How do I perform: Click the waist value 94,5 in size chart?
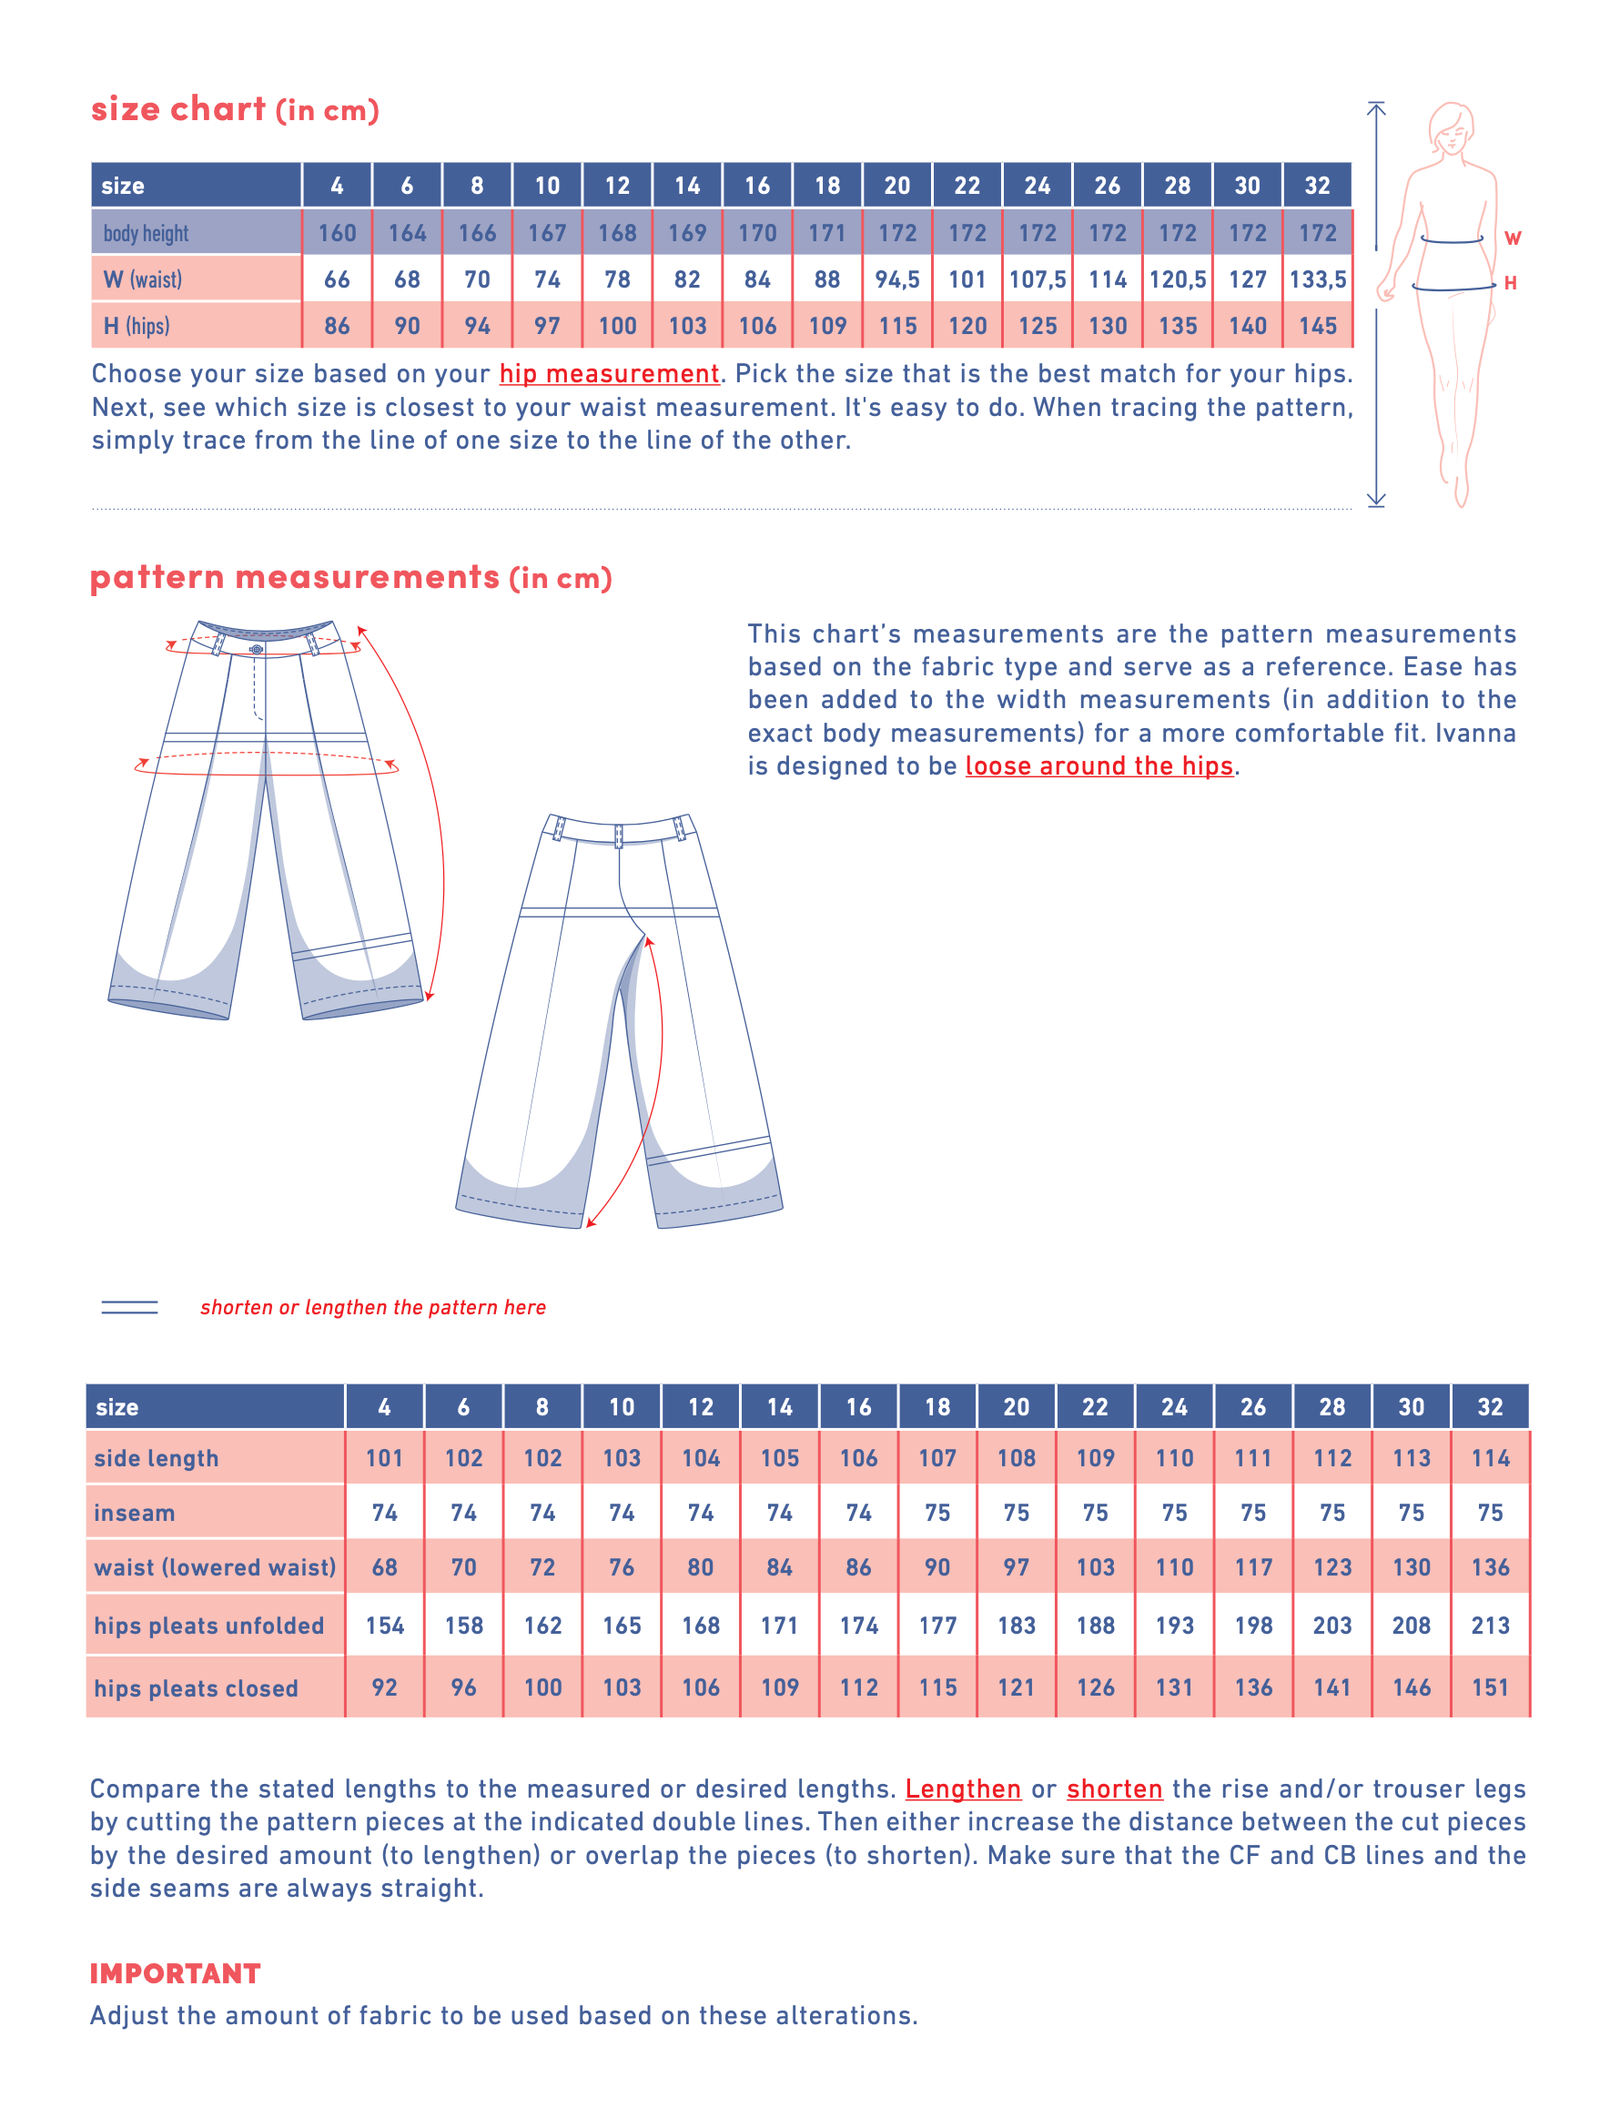[896, 279]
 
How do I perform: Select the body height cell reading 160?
[337, 233]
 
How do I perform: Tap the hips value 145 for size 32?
[1317, 326]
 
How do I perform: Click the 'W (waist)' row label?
[143, 279]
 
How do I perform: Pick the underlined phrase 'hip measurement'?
[609, 374]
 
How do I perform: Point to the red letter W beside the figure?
[1512, 238]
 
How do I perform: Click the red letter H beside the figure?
[1510, 283]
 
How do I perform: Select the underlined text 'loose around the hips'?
[1099, 766]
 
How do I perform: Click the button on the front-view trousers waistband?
[257, 650]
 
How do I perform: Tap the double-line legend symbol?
[129, 1307]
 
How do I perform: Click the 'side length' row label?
[157, 1459]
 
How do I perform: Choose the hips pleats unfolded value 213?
[1490, 1626]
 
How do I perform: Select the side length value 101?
[384, 1459]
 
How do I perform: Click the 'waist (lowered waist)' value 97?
[1016, 1568]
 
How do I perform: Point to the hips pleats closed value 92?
[384, 1687]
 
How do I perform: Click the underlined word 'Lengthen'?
[962, 1789]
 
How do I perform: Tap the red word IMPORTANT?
[175, 1974]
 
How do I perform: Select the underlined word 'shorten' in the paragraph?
[1114, 1789]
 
